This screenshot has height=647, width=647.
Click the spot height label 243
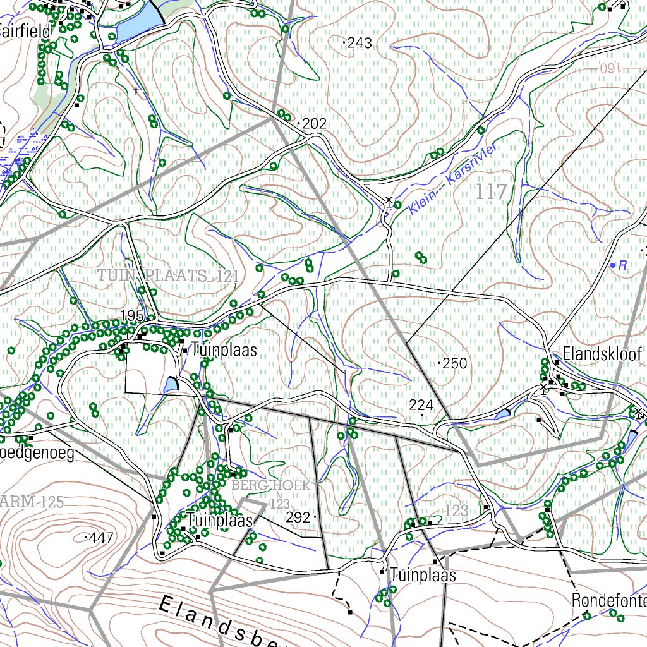point(360,43)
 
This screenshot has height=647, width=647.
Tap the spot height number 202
point(314,124)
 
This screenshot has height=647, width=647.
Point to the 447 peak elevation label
point(100,538)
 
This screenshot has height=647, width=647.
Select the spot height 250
point(455,363)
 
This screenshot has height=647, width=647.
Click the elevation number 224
point(421,406)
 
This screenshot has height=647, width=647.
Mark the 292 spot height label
point(298,518)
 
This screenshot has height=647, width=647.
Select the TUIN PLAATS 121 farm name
point(167,276)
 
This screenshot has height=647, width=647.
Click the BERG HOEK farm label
point(271,486)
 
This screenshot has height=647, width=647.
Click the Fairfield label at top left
point(25,30)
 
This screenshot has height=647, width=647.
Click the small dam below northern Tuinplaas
point(171,384)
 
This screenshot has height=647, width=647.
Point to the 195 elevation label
point(133,316)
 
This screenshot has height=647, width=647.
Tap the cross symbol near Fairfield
point(136,92)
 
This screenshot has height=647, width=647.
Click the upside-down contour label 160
point(611,67)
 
